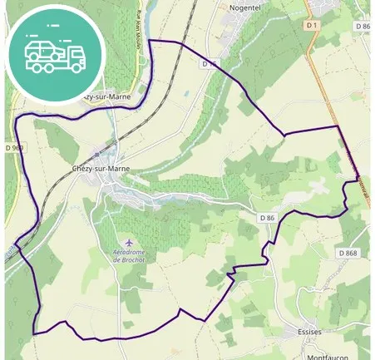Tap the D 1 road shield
click(x=313, y=26)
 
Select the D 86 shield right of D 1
click(x=362, y=26)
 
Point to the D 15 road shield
click(x=209, y=63)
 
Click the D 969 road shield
click(x=18, y=148)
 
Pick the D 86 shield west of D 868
click(x=266, y=218)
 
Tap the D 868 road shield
click(x=348, y=253)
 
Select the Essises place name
click(x=309, y=331)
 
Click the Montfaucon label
click(x=327, y=357)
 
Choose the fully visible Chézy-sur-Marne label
click(x=101, y=168)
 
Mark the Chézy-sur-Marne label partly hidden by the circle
click(x=112, y=96)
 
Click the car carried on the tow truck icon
click(x=42, y=50)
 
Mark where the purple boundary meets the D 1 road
click(x=338, y=127)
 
